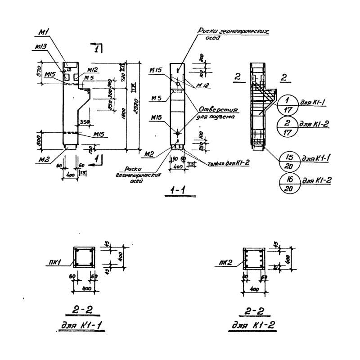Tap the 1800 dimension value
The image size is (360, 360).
[x=130, y=117]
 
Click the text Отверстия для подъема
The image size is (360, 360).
[x=218, y=113]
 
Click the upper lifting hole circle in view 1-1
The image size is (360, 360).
[x=179, y=84]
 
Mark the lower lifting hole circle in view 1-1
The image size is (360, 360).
[x=179, y=133]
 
